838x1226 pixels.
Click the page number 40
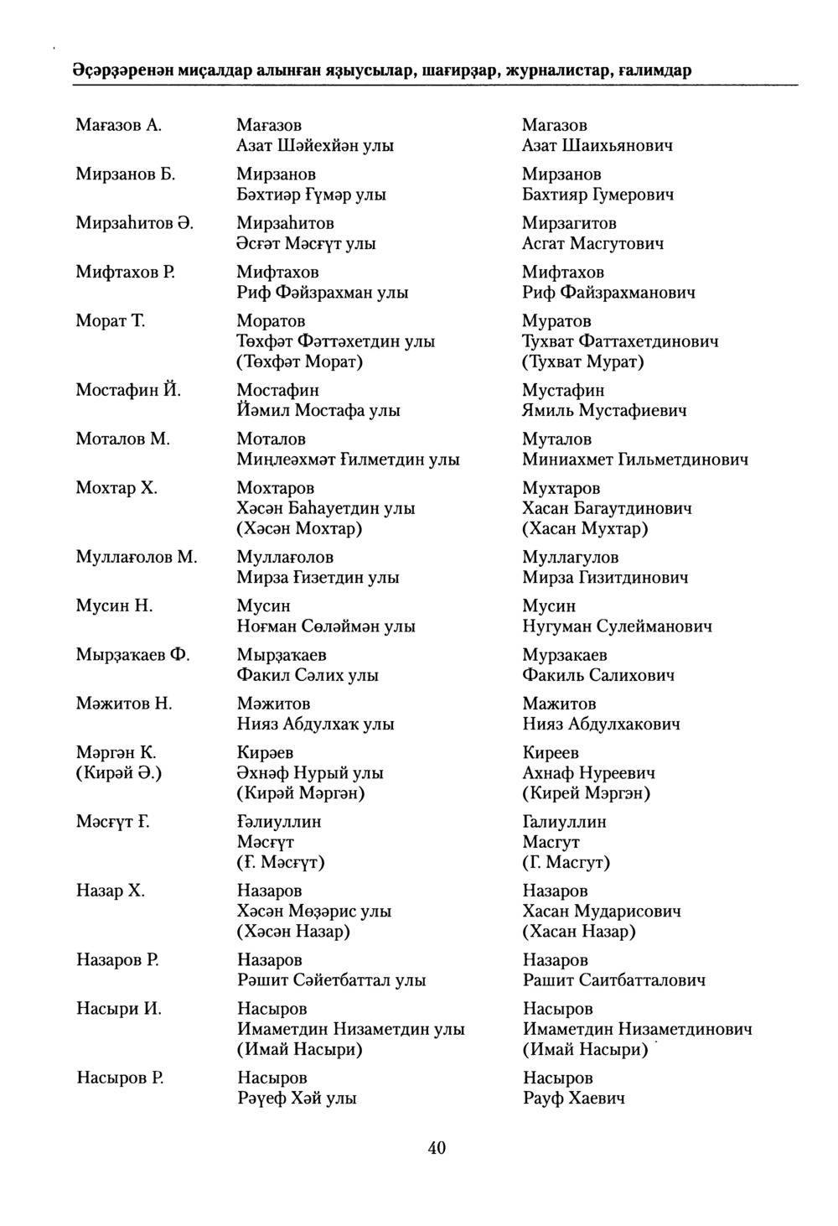click(437, 1148)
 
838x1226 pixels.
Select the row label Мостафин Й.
click(129, 390)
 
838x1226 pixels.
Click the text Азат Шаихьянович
click(597, 146)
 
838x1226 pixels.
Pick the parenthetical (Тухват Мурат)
click(583, 362)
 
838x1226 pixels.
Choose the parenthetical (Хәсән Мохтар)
click(299, 529)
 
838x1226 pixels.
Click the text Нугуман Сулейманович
click(617, 626)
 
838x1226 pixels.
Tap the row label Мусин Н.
click(114, 605)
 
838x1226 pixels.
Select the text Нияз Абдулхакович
click(601, 725)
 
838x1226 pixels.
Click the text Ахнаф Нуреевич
click(588, 773)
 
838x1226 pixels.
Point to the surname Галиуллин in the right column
click(564, 822)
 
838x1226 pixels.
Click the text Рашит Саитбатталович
click(613, 980)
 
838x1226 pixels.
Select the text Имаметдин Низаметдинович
click(637, 1029)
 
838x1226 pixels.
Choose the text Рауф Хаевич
click(573, 1099)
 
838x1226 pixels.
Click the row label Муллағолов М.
click(137, 557)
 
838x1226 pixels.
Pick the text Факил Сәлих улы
click(308, 675)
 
